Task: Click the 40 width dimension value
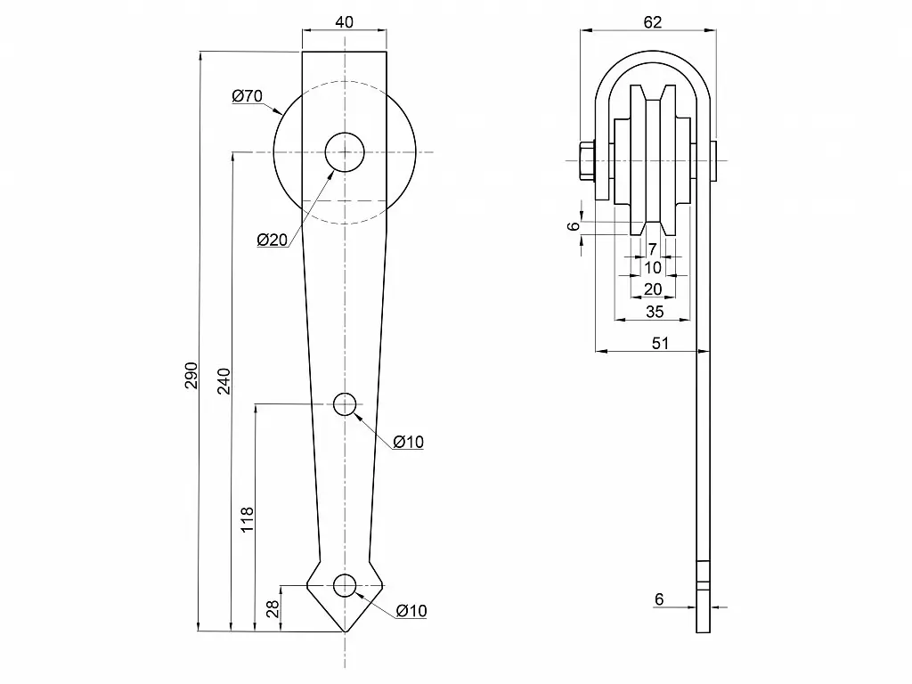click(x=345, y=21)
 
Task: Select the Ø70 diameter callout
click(x=247, y=96)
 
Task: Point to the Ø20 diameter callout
click(x=272, y=240)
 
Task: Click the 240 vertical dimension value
click(x=224, y=381)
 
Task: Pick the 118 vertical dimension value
click(x=248, y=519)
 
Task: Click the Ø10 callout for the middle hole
click(x=408, y=442)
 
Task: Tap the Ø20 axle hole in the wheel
click(x=345, y=153)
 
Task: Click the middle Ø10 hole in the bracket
click(x=345, y=405)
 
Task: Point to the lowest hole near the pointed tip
click(x=345, y=585)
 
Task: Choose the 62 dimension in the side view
click(x=652, y=23)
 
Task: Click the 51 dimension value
click(x=659, y=342)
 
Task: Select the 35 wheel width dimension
click(x=655, y=312)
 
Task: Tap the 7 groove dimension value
click(x=653, y=248)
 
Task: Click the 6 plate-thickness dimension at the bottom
click(x=659, y=599)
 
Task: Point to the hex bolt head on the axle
click(x=587, y=161)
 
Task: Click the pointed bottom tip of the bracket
click(x=345, y=631)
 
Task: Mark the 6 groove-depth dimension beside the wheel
click(x=574, y=226)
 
